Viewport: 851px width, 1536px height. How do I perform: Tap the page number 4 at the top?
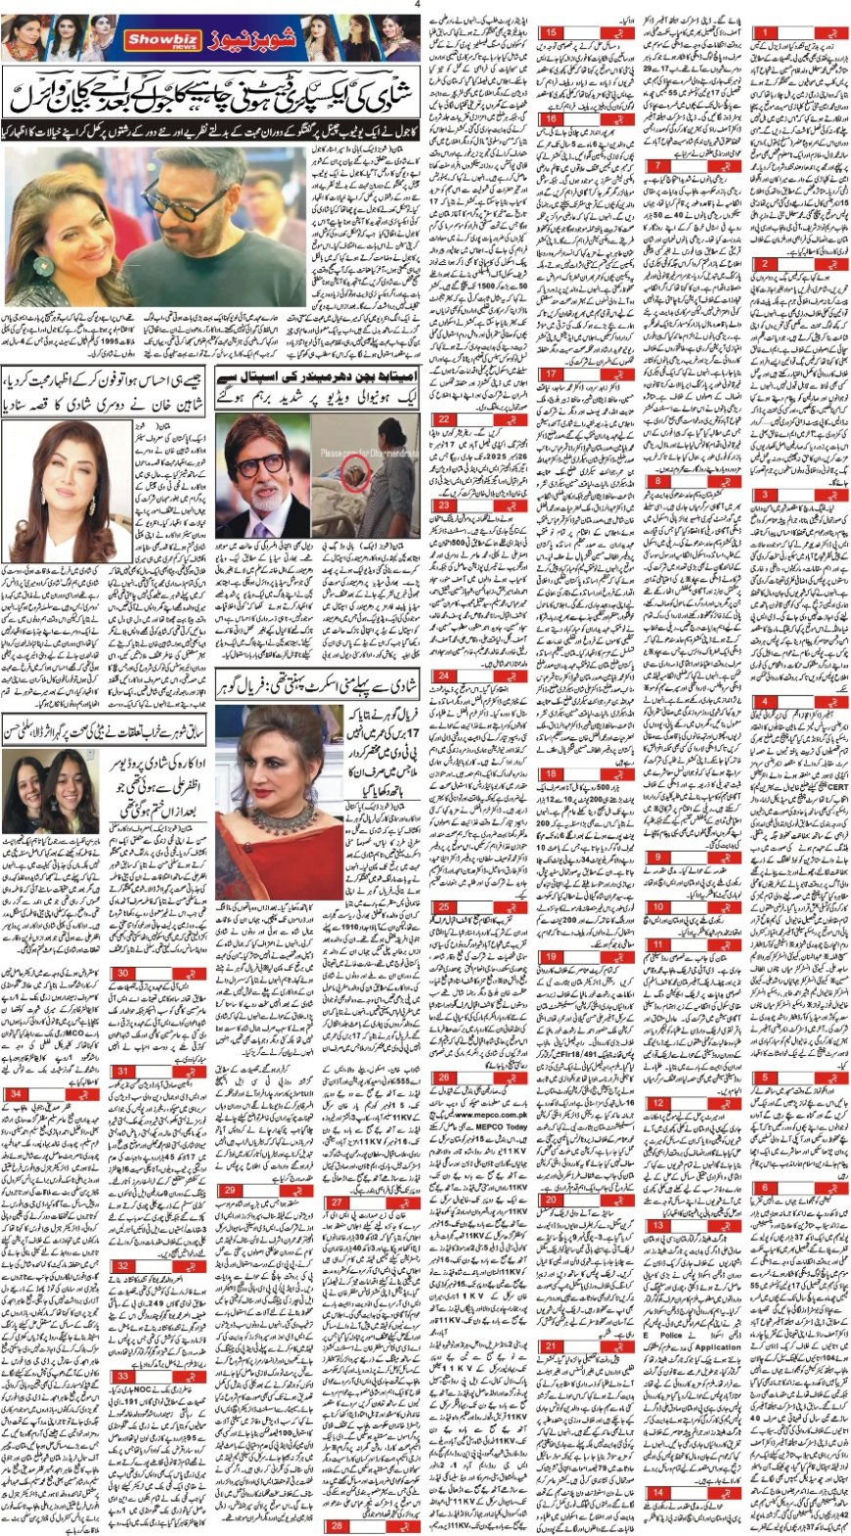(417, 4)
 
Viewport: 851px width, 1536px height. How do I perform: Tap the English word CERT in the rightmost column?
(837, 787)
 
